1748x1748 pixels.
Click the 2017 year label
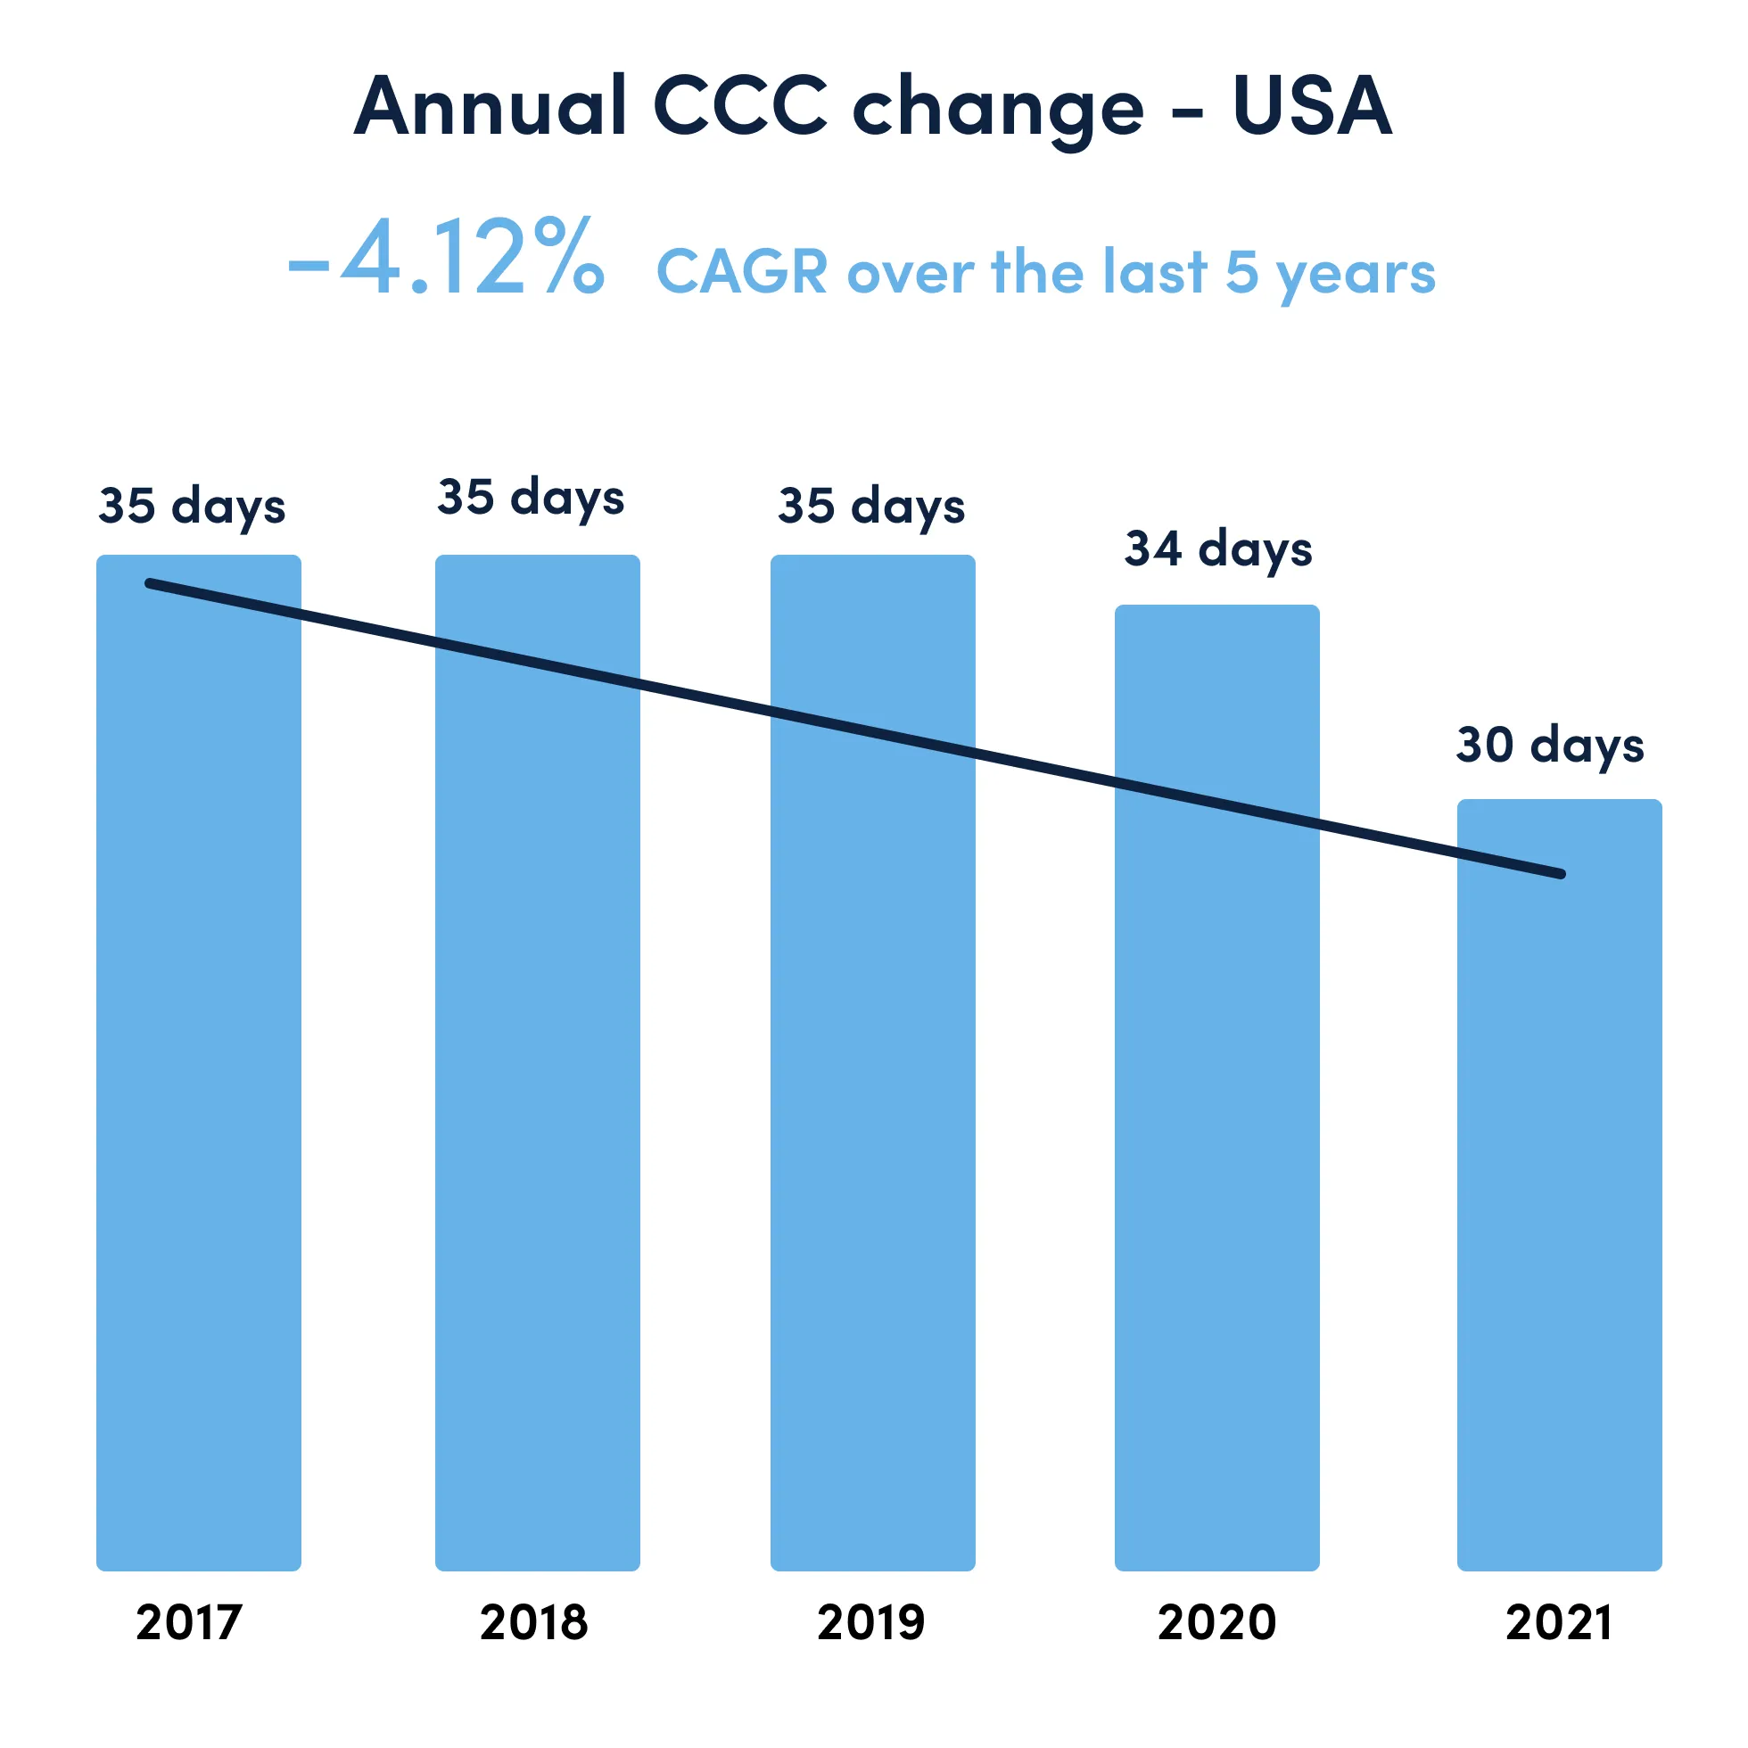[189, 1622]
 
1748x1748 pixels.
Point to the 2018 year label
[534, 1622]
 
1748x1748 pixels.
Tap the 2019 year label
[871, 1622]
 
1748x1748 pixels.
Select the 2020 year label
[1216, 1622]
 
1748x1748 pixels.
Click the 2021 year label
[1559, 1622]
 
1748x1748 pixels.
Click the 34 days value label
[1218, 549]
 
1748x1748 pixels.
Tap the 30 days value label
[1550, 746]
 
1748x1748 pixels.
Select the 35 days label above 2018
[532, 498]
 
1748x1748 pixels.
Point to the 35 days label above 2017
[192, 506]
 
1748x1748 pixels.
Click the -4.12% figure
[446, 260]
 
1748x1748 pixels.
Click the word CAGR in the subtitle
[742, 271]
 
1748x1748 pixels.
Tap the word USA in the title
[1311, 106]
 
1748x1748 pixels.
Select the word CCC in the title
[740, 106]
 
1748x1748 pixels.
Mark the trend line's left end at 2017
[150, 583]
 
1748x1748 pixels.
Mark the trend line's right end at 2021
[1561, 874]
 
